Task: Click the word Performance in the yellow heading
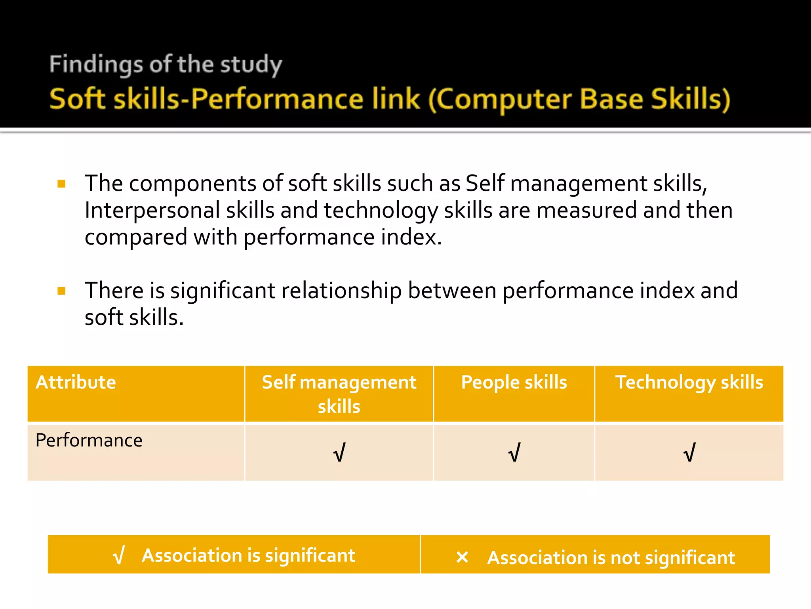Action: pos(277,99)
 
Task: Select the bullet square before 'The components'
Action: pos(61,184)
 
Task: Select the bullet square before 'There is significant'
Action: pos(61,291)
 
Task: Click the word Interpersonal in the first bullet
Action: pos(152,210)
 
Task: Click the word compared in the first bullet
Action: pos(135,237)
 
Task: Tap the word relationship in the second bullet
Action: pos(341,290)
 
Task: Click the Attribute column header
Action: pos(76,382)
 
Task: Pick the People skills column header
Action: pos(514,382)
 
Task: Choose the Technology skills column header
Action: pos(689,382)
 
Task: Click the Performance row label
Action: pos(89,440)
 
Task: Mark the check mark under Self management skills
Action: pos(339,452)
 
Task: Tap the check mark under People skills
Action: pos(514,452)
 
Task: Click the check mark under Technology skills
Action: pos(689,452)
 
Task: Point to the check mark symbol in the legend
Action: pos(119,555)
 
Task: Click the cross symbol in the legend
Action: pos(462,557)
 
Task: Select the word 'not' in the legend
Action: pos(625,558)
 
